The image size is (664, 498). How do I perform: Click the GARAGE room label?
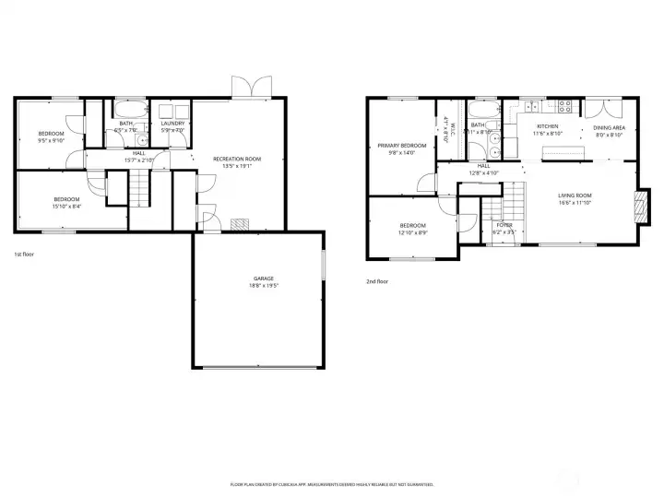[264, 278]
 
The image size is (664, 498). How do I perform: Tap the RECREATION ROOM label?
[237, 159]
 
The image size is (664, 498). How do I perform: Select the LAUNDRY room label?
[172, 124]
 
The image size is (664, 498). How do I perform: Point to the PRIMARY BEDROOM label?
[401, 146]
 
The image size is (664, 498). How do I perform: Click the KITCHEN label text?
[548, 126]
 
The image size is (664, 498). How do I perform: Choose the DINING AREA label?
[610, 127]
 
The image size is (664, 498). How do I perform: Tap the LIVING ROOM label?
[575, 195]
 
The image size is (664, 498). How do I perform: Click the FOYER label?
[504, 224]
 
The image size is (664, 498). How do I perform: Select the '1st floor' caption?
[24, 254]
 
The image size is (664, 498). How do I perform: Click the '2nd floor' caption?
[377, 281]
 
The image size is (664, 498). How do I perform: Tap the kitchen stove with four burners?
[563, 105]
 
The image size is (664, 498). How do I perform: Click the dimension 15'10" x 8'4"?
[66, 207]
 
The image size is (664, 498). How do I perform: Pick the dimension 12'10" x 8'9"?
[412, 232]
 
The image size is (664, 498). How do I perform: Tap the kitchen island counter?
[563, 150]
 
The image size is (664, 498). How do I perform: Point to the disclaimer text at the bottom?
[332, 483]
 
